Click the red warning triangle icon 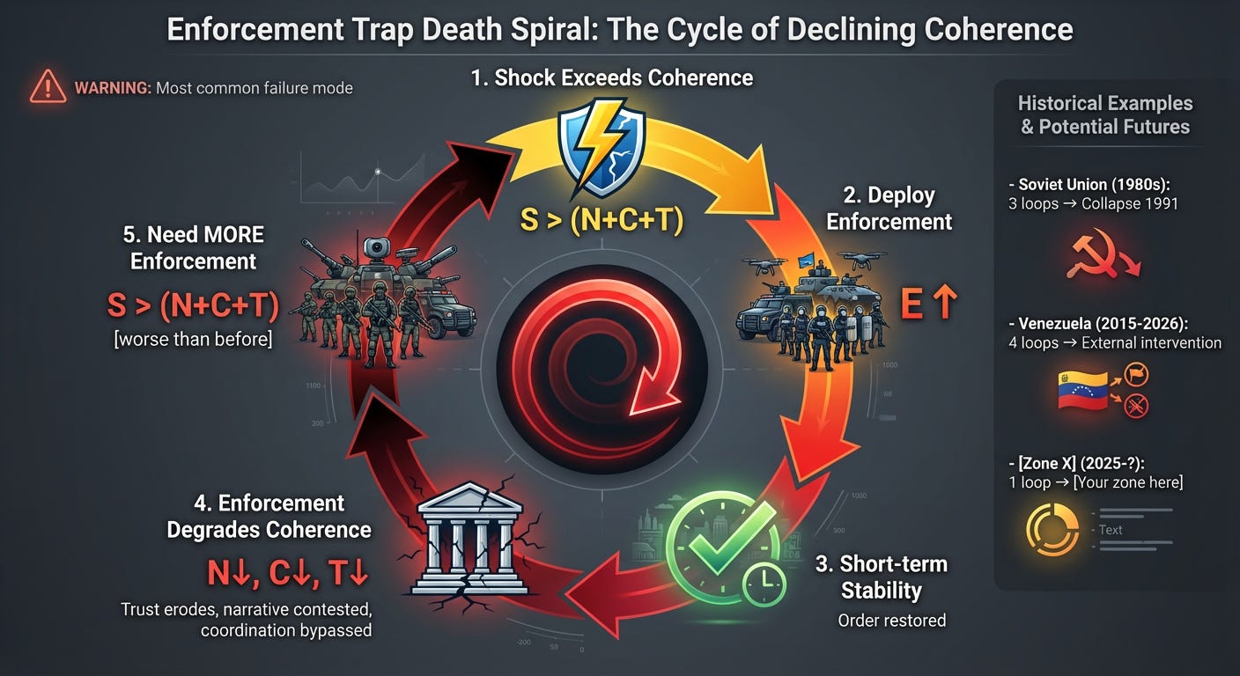pos(48,87)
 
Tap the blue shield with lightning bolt pos(602,145)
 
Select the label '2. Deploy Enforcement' pos(889,208)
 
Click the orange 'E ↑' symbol pos(928,304)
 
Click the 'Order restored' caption pos(891,620)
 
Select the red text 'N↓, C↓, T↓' pos(288,574)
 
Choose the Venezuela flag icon pos(1081,390)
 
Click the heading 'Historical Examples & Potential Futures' pos(1104,115)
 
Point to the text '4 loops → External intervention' pos(1114,342)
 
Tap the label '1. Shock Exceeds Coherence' pos(612,77)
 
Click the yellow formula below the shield pos(602,221)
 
